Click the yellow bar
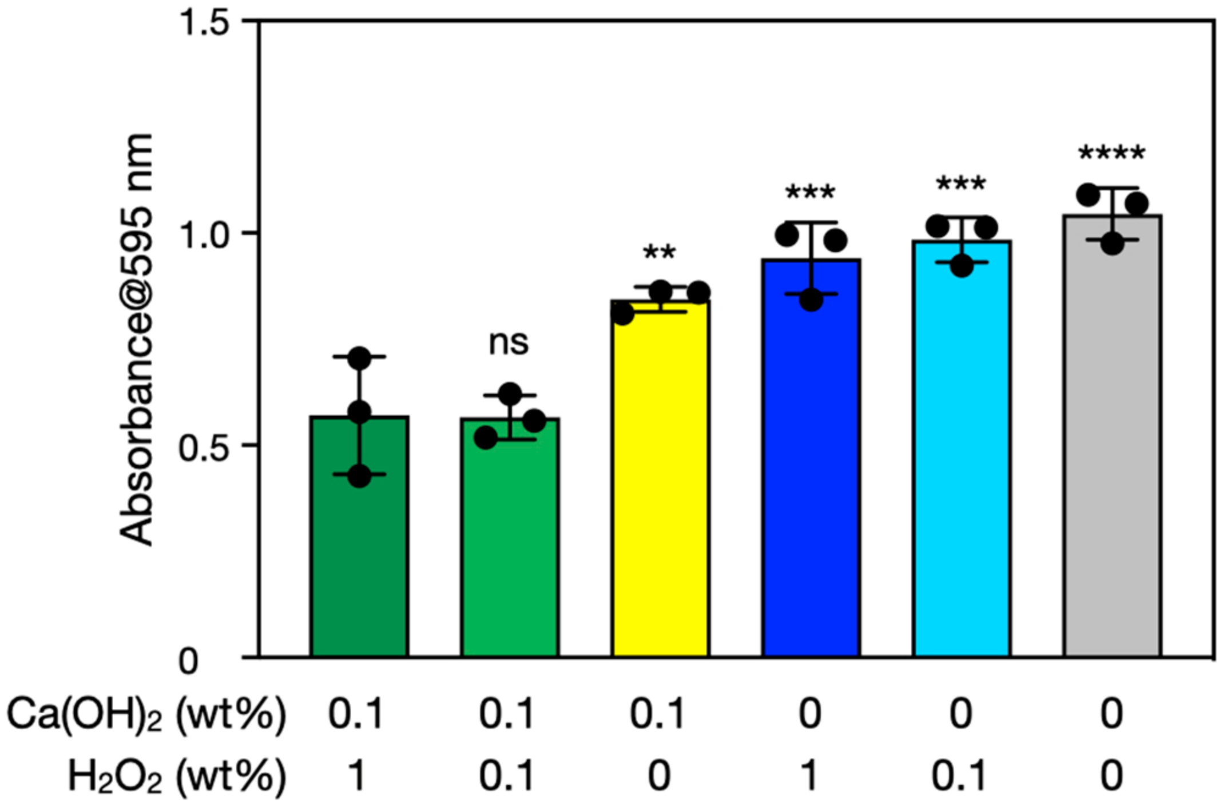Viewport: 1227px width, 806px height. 660,486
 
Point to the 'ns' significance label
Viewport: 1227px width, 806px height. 509,343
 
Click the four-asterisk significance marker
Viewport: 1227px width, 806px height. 1111,153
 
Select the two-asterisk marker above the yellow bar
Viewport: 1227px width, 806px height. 660,253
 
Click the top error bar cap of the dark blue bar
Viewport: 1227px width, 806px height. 811,222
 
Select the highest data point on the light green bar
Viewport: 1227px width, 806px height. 510,395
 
